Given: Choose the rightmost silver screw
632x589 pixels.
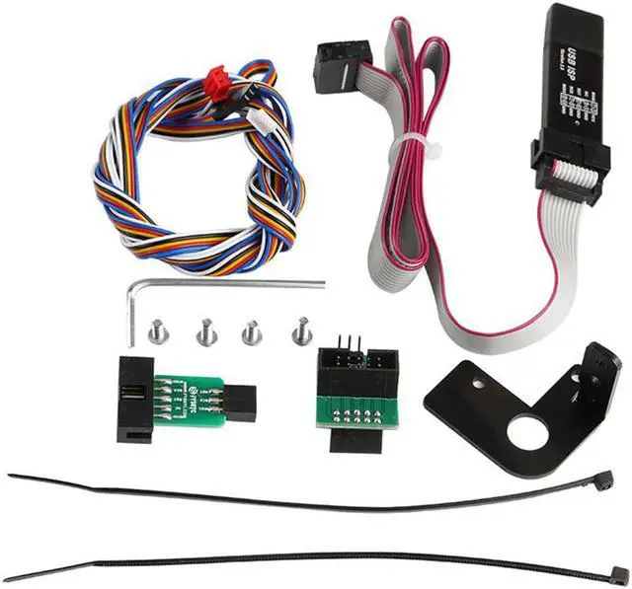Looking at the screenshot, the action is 301,330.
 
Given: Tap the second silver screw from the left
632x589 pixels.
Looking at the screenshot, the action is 205,332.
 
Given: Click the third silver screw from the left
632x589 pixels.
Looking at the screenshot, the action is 251,331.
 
